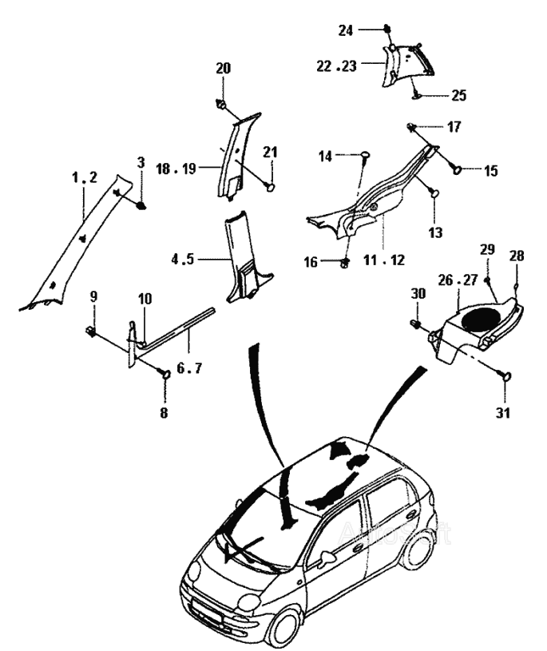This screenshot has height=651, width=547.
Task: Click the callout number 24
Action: (345, 30)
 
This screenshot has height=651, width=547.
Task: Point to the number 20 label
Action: (223, 69)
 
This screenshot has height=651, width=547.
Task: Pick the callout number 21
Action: (271, 153)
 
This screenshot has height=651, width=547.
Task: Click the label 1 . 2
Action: (84, 179)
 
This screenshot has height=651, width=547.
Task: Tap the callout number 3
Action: (141, 162)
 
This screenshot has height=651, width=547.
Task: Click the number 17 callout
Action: (454, 126)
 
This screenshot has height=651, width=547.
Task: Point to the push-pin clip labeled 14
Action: (363, 155)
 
